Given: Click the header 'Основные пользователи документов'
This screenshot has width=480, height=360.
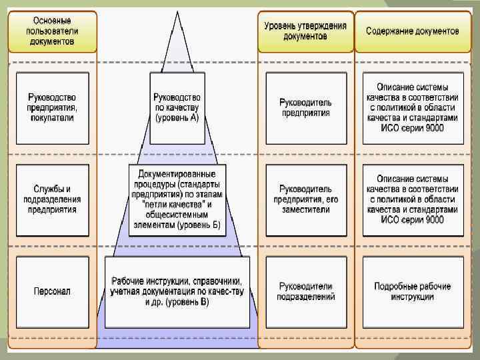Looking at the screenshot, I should click(x=52, y=31).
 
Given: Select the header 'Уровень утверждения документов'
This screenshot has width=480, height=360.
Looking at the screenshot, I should click(x=305, y=31).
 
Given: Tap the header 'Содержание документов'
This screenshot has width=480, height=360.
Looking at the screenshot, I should click(x=412, y=31).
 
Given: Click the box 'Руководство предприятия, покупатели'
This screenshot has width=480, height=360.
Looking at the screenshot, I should click(x=52, y=107).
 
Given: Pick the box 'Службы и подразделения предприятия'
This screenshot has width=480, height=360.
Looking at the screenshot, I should click(x=52, y=199).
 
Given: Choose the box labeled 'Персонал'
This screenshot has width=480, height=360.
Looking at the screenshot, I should click(x=52, y=291).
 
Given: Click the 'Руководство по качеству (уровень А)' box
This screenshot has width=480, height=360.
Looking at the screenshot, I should click(x=177, y=107).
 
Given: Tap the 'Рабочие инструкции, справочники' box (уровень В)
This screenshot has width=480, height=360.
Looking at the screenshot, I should click(x=177, y=291).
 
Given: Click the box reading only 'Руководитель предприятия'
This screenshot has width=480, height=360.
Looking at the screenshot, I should click(x=305, y=107).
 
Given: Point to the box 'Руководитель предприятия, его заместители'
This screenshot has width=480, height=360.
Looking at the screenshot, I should click(x=305, y=199).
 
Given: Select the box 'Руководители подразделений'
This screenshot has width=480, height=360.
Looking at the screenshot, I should click(x=305, y=291).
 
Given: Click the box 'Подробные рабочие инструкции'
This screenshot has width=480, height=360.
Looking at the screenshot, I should click(x=412, y=291).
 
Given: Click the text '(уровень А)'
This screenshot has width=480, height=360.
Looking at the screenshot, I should click(x=177, y=118).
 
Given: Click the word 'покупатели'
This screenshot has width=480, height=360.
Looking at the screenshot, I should click(x=52, y=118).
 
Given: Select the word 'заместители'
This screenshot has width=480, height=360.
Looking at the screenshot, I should click(x=305, y=209).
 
